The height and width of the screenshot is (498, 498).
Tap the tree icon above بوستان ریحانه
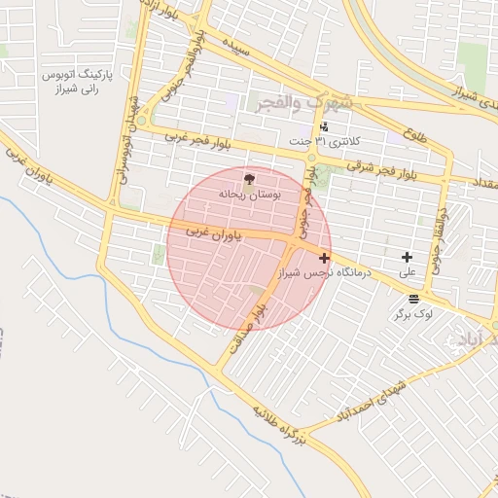point(249,179)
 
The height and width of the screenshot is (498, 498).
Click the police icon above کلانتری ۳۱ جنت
point(324,126)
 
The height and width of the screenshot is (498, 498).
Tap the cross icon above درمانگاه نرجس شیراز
point(324,258)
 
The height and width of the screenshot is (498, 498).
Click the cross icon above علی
point(407,256)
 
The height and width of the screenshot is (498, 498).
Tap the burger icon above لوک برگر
point(414,298)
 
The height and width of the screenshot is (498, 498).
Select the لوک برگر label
point(413,314)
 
